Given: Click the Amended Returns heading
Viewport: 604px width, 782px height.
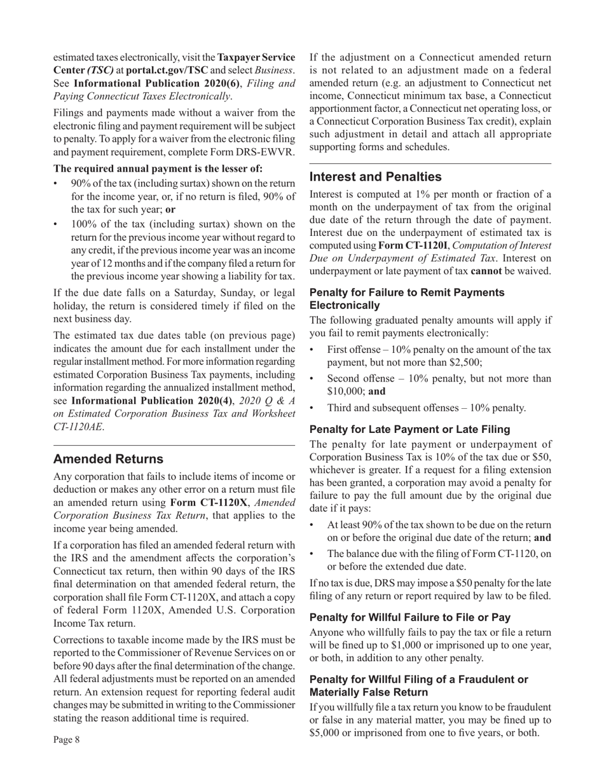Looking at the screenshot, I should (x=108, y=459).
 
